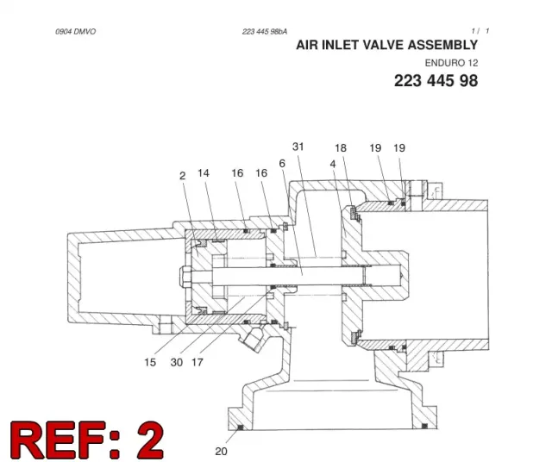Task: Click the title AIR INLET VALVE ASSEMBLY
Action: point(387,45)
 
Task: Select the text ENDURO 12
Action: point(451,63)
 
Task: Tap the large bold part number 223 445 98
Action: point(436,80)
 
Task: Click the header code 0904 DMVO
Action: point(75,32)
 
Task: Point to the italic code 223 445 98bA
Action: point(265,32)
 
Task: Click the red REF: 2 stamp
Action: point(87,440)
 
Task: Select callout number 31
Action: point(298,147)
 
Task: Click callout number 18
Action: point(341,147)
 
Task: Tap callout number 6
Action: point(282,163)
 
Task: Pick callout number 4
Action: point(333,164)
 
